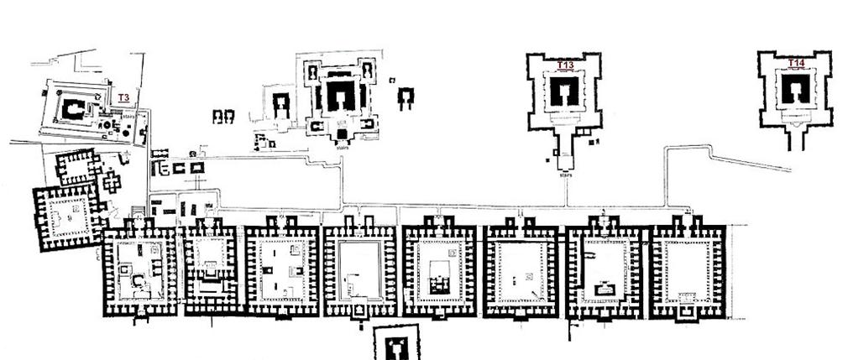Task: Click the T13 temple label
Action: (x=565, y=65)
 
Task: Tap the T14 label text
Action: (x=795, y=63)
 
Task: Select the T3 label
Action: (x=123, y=98)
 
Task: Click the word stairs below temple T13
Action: (x=565, y=175)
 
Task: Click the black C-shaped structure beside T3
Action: (x=73, y=107)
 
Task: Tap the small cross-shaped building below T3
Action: (x=111, y=180)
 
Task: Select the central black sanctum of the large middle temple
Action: (x=340, y=96)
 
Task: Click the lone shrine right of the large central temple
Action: (x=406, y=97)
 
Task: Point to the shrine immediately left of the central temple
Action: (x=281, y=104)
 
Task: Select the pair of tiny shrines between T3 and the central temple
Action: (x=223, y=116)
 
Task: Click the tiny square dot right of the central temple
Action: (x=392, y=80)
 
